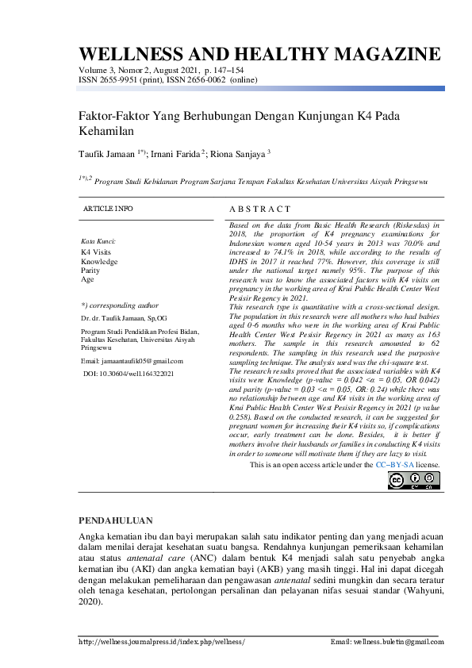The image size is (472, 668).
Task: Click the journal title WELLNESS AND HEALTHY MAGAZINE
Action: (x=259, y=54)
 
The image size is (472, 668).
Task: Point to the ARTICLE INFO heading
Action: (x=108, y=208)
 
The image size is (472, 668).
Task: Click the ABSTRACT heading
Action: (x=259, y=209)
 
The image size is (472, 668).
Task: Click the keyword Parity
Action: (x=90, y=270)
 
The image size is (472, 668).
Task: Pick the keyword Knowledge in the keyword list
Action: (x=99, y=261)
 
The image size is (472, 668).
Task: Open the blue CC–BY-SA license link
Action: (x=396, y=464)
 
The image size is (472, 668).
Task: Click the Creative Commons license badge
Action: (x=413, y=480)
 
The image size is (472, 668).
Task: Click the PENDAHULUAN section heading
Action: (x=116, y=520)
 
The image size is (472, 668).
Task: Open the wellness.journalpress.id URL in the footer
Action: (x=162, y=641)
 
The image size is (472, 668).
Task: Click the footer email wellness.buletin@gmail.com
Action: (x=386, y=641)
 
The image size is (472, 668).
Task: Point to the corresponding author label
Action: (x=120, y=305)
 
